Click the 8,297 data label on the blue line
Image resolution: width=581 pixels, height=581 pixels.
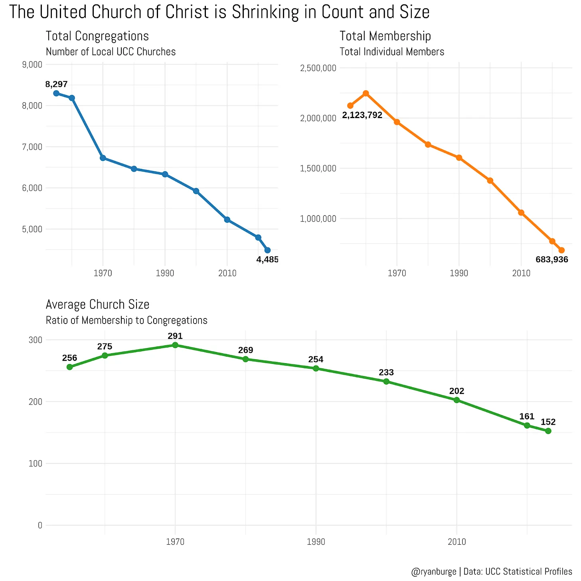tap(56, 84)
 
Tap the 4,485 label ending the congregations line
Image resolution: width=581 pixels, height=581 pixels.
tap(267, 260)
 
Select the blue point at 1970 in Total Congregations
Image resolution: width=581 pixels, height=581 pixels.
tap(103, 158)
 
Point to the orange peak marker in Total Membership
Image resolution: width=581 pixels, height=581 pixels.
tap(366, 93)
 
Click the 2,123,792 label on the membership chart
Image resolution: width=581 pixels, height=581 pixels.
tap(362, 115)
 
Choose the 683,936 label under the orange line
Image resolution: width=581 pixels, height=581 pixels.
tap(551, 260)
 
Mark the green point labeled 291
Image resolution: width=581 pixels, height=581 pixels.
tap(175, 345)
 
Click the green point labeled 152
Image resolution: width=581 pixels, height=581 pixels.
tap(548, 431)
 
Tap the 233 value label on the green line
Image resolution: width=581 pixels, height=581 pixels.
tap(386, 372)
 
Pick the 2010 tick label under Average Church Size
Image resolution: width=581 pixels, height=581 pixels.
tap(457, 542)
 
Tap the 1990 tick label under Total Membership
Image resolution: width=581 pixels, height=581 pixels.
tap(459, 273)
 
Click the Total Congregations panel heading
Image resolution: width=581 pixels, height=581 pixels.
tap(97, 36)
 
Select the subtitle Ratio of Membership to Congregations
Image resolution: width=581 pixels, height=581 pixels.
tap(126, 320)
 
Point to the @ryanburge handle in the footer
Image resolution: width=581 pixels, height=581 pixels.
tap(433, 571)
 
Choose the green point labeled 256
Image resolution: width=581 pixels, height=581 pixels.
tap(69, 367)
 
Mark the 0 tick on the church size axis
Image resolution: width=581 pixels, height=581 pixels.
tap(40, 525)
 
